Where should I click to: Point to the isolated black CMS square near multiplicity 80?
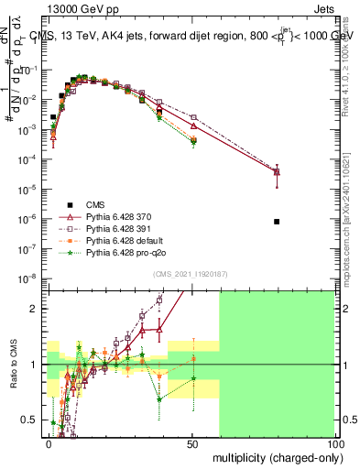point(277,222)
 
